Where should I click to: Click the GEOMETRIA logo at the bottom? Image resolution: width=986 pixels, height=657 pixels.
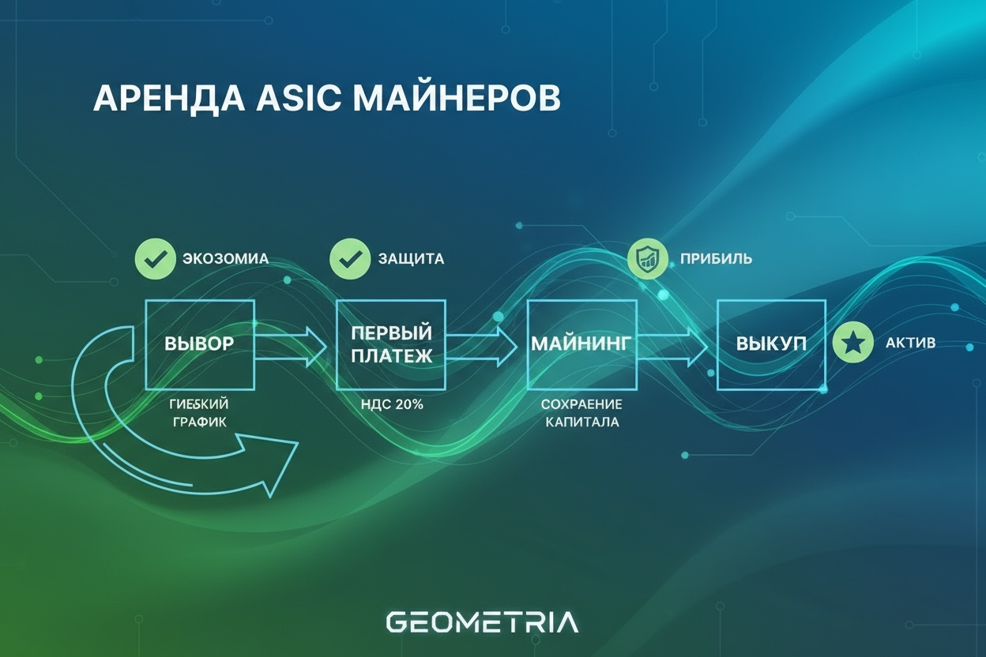click(x=482, y=621)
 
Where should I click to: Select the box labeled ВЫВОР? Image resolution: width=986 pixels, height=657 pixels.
click(x=200, y=344)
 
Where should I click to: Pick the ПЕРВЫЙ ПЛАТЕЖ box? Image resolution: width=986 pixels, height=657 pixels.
click(x=391, y=344)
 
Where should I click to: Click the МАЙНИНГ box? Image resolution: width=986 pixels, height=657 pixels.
click(x=581, y=344)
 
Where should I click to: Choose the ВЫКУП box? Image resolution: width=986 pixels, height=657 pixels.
click(x=771, y=344)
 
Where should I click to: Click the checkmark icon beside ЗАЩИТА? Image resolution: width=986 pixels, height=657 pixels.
click(x=348, y=259)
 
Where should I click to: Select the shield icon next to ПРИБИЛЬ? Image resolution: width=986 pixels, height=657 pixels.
click(x=647, y=259)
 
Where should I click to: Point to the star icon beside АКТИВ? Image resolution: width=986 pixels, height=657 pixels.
click(x=853, y=344)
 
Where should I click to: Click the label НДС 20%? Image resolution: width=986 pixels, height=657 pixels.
click(x=391, y=404)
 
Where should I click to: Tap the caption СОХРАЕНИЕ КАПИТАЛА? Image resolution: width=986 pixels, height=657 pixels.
click(x=581, y=413)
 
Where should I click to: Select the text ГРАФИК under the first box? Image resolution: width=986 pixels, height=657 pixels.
click(x=198, y=422)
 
